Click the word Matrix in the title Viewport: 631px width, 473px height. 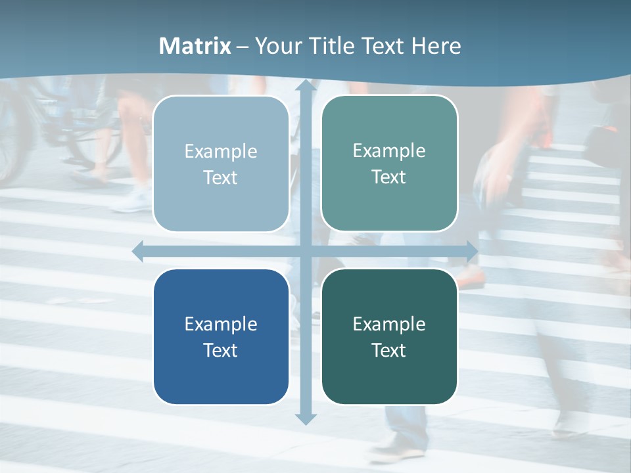(x=195, y=46)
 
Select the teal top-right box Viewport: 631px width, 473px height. (x=389, y=204)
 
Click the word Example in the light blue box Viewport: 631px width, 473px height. (x=221, y=151)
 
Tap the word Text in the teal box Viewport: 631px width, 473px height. (x=389, y=177)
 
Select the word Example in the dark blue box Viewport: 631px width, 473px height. (x=221, y=324)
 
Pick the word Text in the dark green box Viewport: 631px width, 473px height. (x=389, y=350)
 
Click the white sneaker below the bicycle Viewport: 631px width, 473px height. (x=131, y=200)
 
